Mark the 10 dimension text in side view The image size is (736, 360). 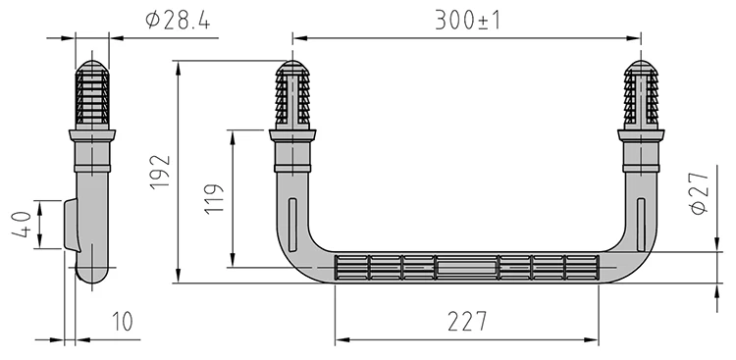click(x=122, y=321)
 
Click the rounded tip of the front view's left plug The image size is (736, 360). click(x=291, y=69)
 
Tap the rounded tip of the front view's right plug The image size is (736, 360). click(x=642, y=69)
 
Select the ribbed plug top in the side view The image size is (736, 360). click(x=95, y=93)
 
